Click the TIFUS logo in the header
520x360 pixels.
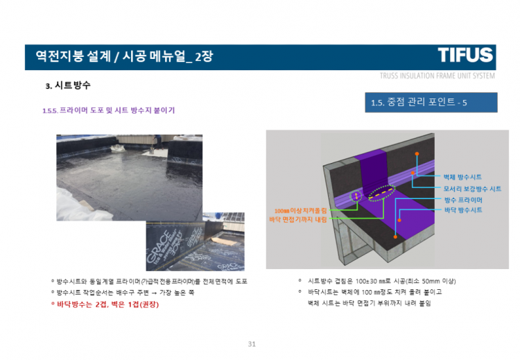[465, 55]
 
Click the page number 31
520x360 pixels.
[252, 344]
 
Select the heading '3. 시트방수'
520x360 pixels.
[68, 87]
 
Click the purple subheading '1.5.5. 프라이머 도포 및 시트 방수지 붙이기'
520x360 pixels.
[109, 110]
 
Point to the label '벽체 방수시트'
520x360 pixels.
[462, 178]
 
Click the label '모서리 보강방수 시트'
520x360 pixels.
[472, 189]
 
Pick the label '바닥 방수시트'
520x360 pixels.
[462, 209]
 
